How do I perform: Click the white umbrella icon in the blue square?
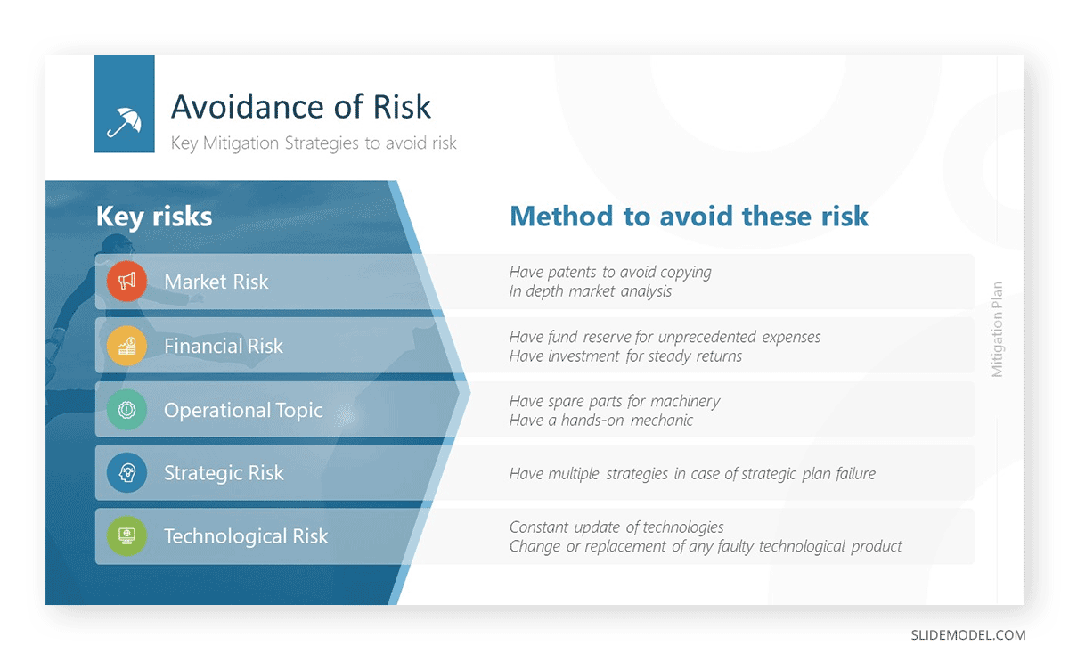[124, 122]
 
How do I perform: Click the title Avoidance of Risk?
[301, 106]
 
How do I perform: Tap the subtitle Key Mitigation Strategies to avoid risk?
[314, 143]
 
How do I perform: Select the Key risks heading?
[154, 217]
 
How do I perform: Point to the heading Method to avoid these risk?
[690, 216]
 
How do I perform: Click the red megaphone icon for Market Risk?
[126, 282]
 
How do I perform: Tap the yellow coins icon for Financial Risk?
[126, 346]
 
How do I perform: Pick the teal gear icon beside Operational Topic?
[126, 410]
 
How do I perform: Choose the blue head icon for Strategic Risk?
[126, 472]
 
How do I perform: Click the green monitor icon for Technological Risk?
[126, 536]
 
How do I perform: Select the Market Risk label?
[216, 282]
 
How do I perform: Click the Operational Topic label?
[243, 411]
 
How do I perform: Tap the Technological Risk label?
[246, 536]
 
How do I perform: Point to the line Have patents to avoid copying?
[610, 272]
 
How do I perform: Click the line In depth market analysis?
[591, 291]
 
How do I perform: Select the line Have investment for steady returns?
[625, 356]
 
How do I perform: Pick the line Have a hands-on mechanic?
[600, 421]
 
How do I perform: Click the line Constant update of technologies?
[616, 527]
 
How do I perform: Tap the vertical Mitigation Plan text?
[998, 330]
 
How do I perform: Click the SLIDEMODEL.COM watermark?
[967, 635]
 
